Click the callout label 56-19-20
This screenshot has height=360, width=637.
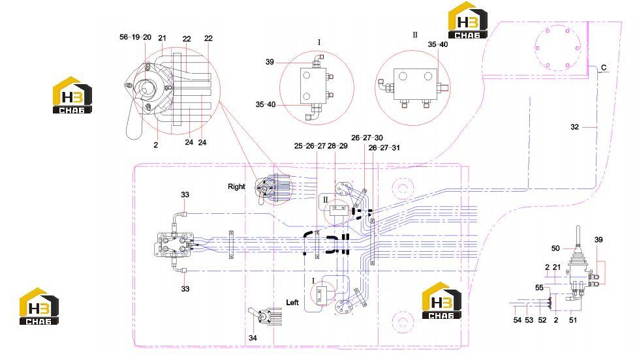pyautogui.click(x=135, y=37)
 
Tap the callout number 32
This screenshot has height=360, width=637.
pyautogui.click(x=574, y=127)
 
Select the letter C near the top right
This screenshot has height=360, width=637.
pyautogui.click(x=604, y=67)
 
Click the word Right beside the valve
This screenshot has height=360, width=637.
pyautogui.click(x=236, y=187)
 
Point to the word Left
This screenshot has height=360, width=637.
pyautogui.click(x=292, y=303)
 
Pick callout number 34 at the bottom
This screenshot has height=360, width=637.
pyautogui.click(x=253, y=338)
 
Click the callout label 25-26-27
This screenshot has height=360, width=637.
pyautogui.click(x=310, y=146)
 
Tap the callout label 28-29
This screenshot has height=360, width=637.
pyautogui.click(x=337, y=146)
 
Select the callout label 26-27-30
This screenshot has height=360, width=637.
pyautogui.click(x=367, y=138)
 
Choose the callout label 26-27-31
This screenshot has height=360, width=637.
pyautogui.click(x=384, y=148)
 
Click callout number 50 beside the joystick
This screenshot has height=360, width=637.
pyautogui.click(x=555, y=248)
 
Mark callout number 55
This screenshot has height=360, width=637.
pyautogui.click(x=539, y=288)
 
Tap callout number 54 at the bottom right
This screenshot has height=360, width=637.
pyautogui.click(x=517, y=320)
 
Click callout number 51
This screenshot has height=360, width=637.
pyautogui.click(x=573, y=320)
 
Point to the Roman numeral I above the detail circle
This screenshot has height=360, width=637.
pyautogui.click(x=319, y=42)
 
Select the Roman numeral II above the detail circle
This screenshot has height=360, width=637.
pyautogui.click(x=415, y=35)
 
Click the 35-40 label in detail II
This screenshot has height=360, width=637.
pyautogui.click(x=437, y=44)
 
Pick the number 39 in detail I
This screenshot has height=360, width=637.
pyautogui.click(x=270, y=62)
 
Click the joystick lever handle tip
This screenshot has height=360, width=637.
pyautogui.click(x=578, y=228)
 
